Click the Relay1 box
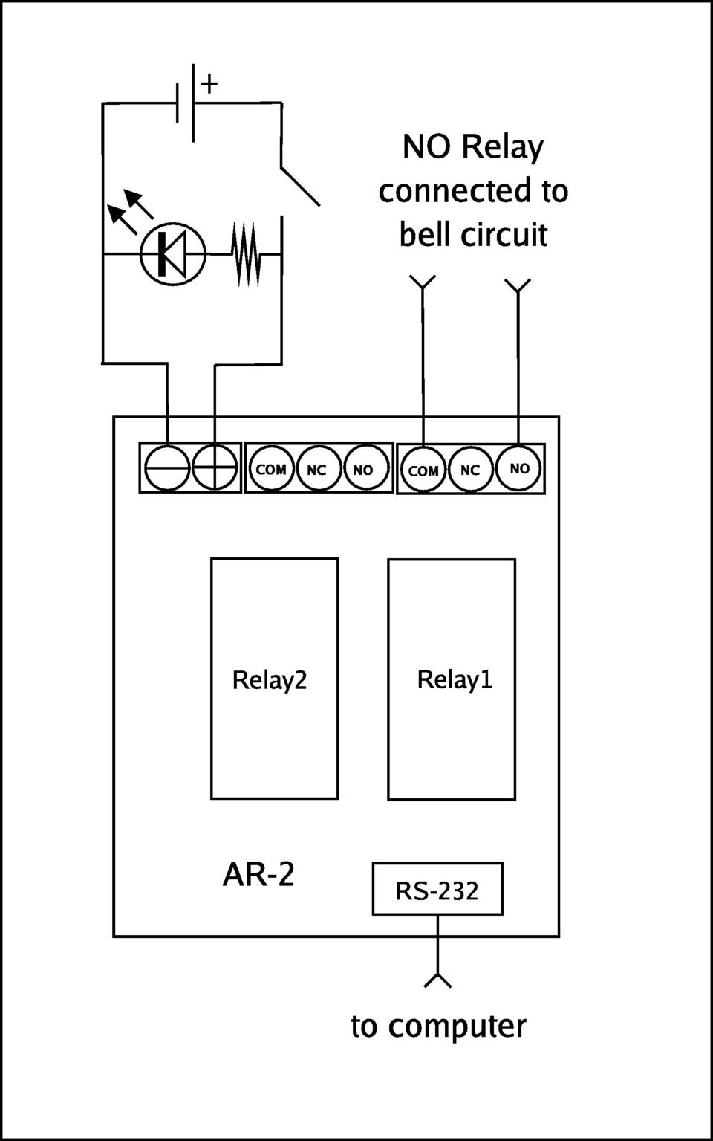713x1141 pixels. click(452, 679)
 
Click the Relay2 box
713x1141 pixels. click(274, 679)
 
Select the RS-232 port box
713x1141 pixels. click(437, 889)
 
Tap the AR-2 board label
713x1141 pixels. click(258, 874)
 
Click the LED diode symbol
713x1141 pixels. click(173, 254)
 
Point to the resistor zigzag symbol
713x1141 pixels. click(245, 254)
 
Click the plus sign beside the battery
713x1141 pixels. click(209, 83)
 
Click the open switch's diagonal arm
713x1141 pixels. click(300, 187)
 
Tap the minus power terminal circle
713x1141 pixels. click(167, 468)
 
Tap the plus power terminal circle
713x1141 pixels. click(215, 468)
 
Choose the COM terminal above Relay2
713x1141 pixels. click(271, 469)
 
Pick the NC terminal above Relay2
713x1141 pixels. click(317, 469)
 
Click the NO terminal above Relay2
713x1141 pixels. click(364, 469)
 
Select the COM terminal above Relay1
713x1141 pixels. click(423, 470)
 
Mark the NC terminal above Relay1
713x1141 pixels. click(470, 470)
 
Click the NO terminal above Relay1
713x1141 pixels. click(518, 468)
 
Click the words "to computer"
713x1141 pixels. click(438, 1026)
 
